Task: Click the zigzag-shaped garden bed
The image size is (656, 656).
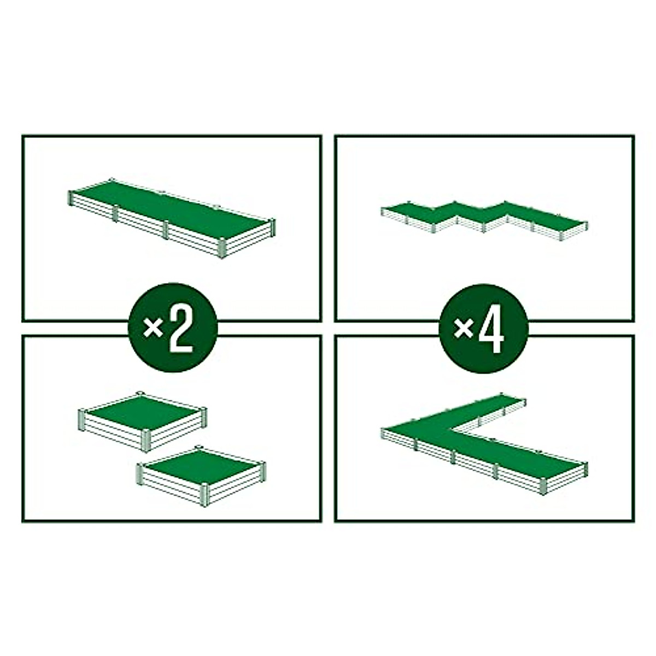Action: pyautogui.click(x=481, y=216)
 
